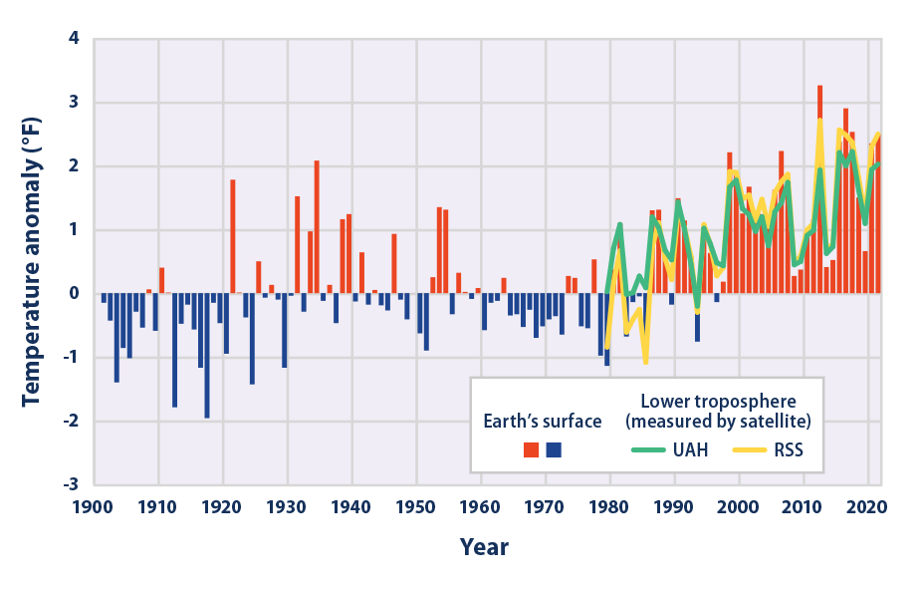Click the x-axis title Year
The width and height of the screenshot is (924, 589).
[x=484, y=547]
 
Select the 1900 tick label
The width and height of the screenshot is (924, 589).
[x=94, y=506]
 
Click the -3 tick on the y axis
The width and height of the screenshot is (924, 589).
[x=71, y=485]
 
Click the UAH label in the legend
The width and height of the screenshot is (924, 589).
[x=689, y=449]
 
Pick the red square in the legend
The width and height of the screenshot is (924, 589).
[x=532, y=449]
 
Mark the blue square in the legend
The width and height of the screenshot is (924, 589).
[x=554, y=449]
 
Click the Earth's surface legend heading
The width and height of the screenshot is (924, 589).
[x=543, y=421]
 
